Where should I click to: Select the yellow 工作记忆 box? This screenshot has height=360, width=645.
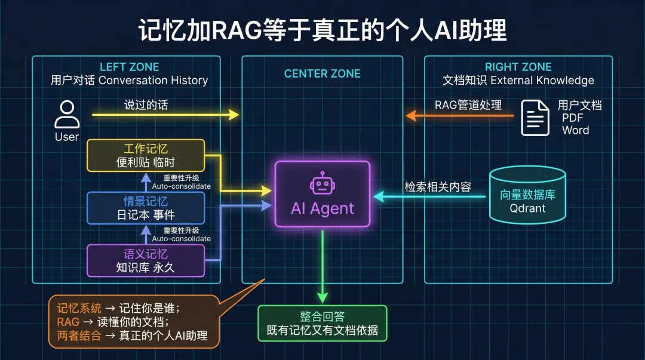point(146,155)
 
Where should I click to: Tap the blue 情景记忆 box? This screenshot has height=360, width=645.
point(146,208)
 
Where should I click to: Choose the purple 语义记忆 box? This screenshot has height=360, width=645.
point(146,260)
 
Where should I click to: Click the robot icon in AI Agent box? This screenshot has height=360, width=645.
point(322,183)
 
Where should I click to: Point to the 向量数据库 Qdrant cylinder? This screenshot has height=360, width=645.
point(527,194)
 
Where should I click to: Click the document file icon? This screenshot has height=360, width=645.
point(535,118)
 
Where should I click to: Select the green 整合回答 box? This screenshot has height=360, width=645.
point(322,323)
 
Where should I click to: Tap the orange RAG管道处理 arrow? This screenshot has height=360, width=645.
point(460,115)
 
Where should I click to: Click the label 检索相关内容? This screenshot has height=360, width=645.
point(438,187)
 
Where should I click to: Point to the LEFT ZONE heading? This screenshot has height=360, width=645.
point(129,67)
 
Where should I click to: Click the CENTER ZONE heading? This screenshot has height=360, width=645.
point(322,74)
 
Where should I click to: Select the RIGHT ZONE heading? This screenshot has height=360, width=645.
point(518,67)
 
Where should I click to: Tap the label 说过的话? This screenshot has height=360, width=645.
point(146,105)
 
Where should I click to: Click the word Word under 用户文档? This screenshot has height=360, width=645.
point(575,130)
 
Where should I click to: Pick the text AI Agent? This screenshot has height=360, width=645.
point(322,209)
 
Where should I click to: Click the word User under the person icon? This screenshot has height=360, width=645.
point(67,137)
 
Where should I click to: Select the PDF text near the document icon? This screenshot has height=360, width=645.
point(573,118)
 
